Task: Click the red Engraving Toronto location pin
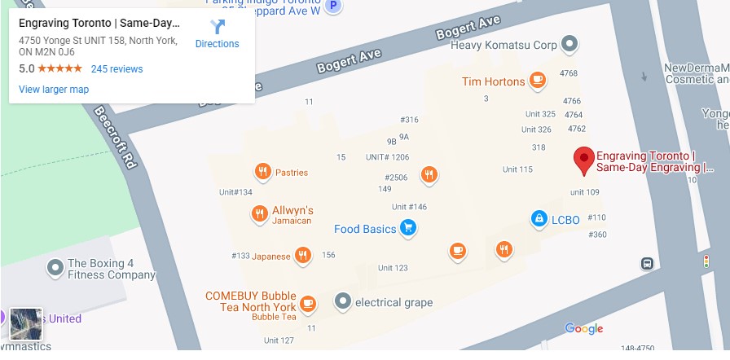[583, 160]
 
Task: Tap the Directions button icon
[218, 28]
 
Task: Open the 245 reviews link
[117, 69]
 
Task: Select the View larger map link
[54, 90]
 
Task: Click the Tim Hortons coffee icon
[537, 81]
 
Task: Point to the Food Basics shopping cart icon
[409, 229]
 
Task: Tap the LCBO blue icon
[539, 218]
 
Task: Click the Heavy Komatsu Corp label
[504, 43]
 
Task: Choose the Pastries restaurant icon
[262, 172]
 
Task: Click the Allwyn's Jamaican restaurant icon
[258, 214]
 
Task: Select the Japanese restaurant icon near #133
[302, 256]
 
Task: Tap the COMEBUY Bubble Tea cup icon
[307, 303]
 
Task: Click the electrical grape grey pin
[343, 302]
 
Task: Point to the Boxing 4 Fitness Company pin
[55, 266]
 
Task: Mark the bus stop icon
[647, 263]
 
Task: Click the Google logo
[584, 329]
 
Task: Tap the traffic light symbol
[706, 262]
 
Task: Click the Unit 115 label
[517, 169]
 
